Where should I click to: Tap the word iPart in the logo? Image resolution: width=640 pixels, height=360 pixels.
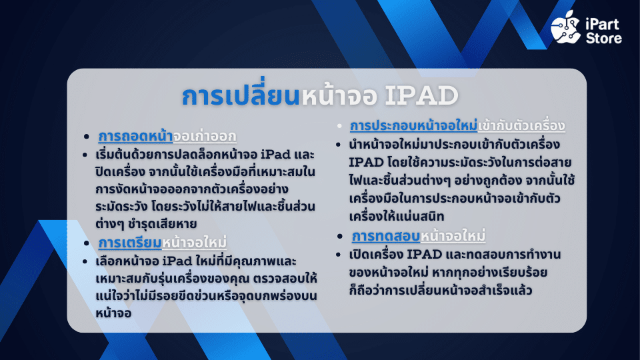click(603, 25)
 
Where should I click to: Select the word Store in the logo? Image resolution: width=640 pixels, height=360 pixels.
click(604, 39)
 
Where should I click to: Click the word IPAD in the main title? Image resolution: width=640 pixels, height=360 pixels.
click(421, 95)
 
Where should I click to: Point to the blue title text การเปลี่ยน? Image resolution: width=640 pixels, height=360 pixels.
click(241, 95)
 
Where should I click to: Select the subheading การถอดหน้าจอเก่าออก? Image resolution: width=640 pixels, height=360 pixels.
click(167, 136)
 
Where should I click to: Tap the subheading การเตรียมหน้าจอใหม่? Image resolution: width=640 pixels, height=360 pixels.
click(163, 243)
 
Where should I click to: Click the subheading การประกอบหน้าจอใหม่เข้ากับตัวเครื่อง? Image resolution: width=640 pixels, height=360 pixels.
click(457, 126)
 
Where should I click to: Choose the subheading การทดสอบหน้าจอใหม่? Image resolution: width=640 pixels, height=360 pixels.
click(419, 236)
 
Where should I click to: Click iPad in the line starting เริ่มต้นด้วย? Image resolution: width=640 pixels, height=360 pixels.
click(275, 155)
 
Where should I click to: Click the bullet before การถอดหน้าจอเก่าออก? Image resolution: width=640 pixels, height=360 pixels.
click(86, 137)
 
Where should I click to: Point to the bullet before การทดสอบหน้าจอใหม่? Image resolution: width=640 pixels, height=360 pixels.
click(339, 236)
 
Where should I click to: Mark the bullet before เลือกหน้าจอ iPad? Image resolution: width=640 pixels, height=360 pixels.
click(85, 261)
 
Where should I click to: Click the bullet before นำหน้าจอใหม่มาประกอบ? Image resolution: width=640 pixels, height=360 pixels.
click(338, 145)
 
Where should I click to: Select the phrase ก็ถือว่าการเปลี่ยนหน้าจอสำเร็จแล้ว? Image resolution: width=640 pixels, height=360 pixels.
click(441, 290)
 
